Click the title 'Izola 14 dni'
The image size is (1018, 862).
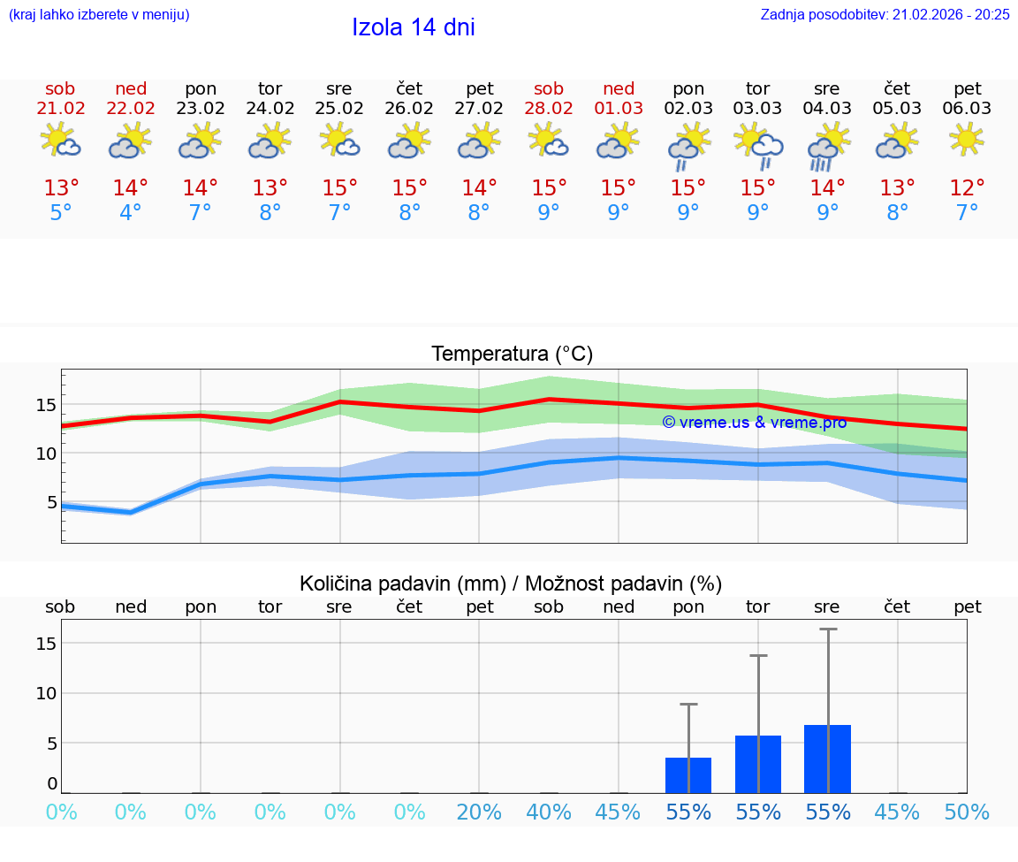[x=413, y=27]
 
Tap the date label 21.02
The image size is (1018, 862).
[x=61, y=109]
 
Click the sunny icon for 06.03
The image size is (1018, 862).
[x=967, y=140]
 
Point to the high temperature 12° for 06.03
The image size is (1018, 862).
[x=967, y=188]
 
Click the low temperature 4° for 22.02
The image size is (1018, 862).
[x=131, y=213]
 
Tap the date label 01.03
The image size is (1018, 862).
[x=619, y=109]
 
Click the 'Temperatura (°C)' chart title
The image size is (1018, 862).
[x=512, y=355]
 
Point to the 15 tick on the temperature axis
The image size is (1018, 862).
[x=45, y=405]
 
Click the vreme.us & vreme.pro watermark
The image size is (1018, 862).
[x=755, y=423]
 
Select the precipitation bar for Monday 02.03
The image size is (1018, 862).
[x=688, y=775]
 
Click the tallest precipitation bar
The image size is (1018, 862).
[x=827, y=759]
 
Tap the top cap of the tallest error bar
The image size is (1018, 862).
[x=828, y=629]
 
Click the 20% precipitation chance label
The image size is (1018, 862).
[x=479, y=812]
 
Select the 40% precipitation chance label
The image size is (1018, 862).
[x=549, y=812]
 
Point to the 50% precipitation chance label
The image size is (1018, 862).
[x=967, y=812]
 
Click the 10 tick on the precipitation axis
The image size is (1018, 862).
[x=46, y=693]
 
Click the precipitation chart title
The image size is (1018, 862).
[x=511, y=584]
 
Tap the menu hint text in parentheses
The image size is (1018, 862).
[x=99, y=14]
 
